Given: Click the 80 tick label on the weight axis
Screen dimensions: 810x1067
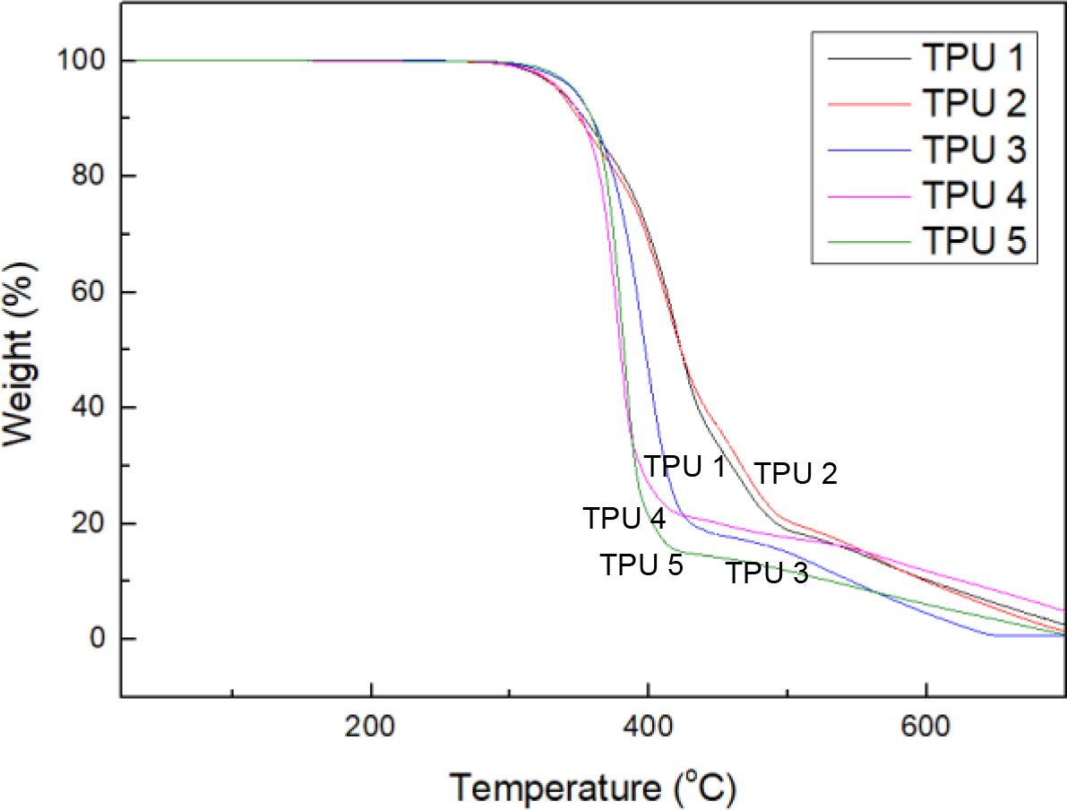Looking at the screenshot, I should click(88, 177).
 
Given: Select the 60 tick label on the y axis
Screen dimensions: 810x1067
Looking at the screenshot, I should click(88, 292).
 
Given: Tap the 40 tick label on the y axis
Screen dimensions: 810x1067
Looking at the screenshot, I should click(88, 408).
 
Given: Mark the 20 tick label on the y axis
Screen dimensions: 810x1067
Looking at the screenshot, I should click(88, 523).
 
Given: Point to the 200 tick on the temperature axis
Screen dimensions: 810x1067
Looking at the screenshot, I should click(370, 723).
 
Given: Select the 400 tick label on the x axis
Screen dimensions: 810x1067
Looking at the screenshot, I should click(647, 723).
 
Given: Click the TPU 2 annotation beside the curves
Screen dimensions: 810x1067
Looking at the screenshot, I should click(795, 473).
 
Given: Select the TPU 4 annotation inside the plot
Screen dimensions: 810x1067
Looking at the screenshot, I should click(624, 518).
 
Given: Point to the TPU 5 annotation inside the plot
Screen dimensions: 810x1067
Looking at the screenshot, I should click(641, 564).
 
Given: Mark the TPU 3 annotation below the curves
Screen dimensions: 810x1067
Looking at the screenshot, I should click(767, 573).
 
